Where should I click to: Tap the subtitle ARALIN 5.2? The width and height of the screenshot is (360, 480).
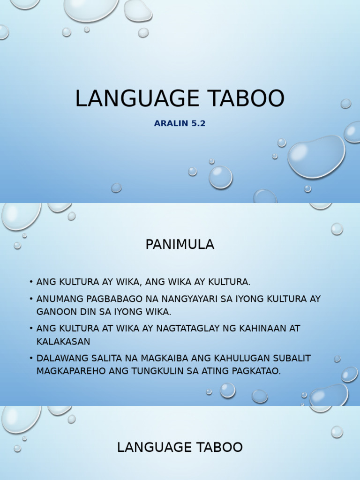tap(180, 124)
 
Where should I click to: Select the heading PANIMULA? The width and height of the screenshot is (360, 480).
tap(180, 244)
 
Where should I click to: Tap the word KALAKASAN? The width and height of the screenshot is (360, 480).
tap(63, 341)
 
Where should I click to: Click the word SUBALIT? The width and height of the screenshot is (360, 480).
tap(294, 358)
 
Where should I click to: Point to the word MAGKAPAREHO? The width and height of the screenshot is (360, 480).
tap(71, 371)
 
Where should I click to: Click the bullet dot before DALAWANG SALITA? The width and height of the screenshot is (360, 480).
tap(31, 358)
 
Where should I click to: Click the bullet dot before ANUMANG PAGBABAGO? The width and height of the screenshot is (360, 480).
tap(31, 299)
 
